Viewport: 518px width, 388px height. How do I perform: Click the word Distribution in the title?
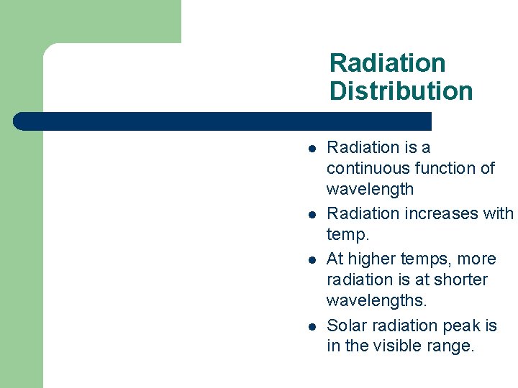(x=401, y=91)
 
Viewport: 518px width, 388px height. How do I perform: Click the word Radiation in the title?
(x=387, y=63)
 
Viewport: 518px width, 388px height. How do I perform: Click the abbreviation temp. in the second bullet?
(x=347, y=234)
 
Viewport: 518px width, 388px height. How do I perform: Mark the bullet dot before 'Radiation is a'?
(x=311, y=149)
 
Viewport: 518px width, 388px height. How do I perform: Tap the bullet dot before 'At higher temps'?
(x=311, y=261)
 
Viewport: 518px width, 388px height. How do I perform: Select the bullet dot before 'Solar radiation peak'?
(x=311, y=328)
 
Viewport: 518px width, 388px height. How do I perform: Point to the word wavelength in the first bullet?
(x=370, y=189)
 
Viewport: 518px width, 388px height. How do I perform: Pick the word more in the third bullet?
(x=477, y=259)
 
